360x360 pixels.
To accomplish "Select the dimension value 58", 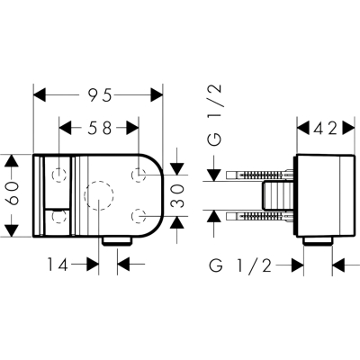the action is [x=100, y=129].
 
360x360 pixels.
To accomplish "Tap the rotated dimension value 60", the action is [x=13, y=195].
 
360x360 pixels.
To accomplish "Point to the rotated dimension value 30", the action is [x=178, y=196].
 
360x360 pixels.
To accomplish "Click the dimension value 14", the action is [x=58, y=265].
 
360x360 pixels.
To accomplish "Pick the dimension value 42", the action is [x=326, y=129].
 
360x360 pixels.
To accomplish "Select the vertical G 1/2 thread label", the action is [x=215, y=116].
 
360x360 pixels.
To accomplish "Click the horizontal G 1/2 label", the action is [x=240, y=265].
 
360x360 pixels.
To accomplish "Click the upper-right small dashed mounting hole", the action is [x=139, y=175].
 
